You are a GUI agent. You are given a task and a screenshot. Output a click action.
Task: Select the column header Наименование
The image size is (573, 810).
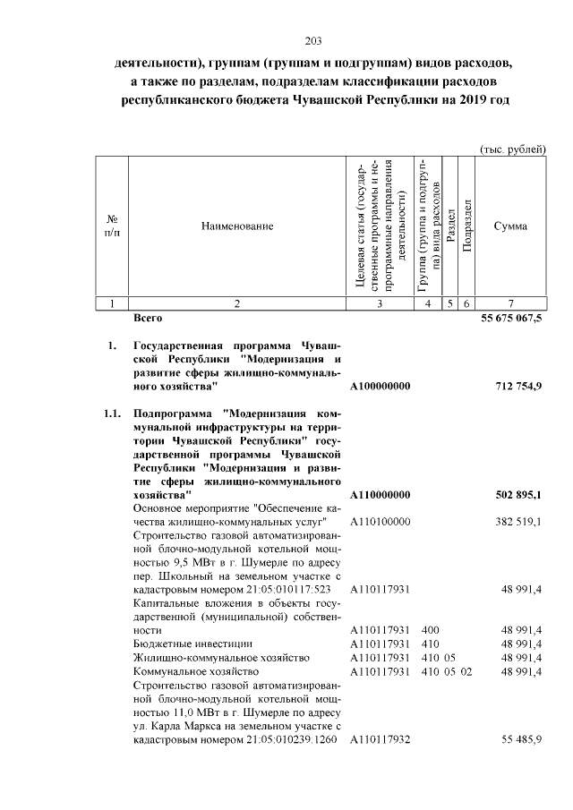point(236,226)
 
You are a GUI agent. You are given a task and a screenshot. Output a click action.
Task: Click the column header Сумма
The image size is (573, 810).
point(510,226)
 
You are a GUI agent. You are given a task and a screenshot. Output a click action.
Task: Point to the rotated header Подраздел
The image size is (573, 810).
point(467,226)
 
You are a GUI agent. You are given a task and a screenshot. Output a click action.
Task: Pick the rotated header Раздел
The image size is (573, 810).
point(452,226)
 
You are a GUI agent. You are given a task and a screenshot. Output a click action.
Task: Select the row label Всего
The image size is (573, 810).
point(147,318)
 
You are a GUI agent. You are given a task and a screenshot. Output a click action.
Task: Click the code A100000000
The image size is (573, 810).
point(381,386)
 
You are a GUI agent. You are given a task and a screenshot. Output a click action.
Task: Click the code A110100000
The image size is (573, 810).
point(381,522)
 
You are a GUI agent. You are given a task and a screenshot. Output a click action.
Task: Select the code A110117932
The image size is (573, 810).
point(381,738)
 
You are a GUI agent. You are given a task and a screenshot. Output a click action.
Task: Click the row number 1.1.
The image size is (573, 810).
point(111,414)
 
